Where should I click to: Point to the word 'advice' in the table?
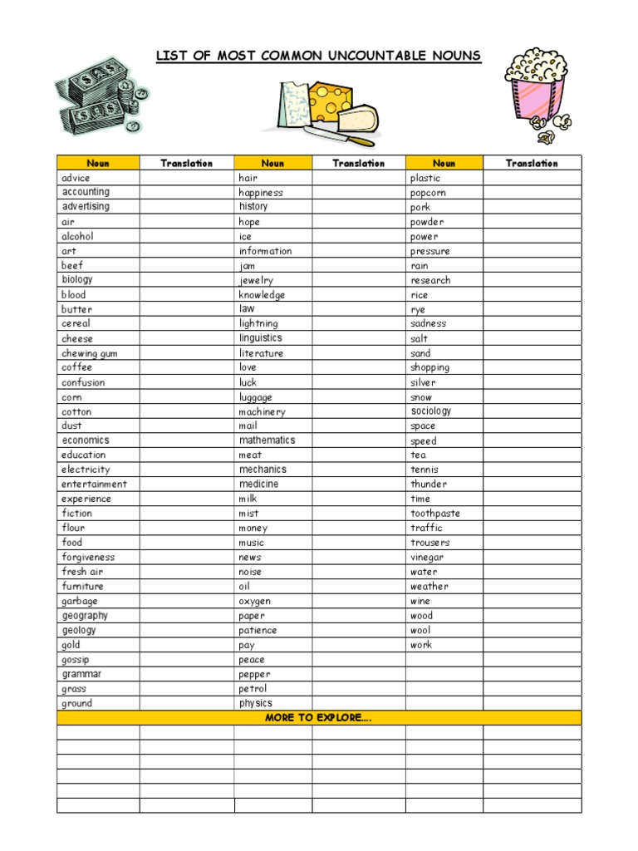(76, 178)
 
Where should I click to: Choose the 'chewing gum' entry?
(90, 353)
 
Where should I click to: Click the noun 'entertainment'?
(94, 484)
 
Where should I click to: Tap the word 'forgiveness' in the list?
(88, 557)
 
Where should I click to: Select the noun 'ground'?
(77, 703)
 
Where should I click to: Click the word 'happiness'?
(261, 193)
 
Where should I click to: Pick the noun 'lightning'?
(258, 323)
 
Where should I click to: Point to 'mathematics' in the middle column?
(267, 440)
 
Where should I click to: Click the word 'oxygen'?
(255, 601)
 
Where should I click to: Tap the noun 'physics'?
(256, 703)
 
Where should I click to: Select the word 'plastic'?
(425, 178)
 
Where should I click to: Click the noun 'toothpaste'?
(434, 514)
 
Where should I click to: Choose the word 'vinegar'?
(427, 557)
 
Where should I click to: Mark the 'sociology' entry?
(431, 411)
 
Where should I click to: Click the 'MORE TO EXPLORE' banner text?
(318, 718)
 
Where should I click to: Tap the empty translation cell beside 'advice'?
(186, 178)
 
